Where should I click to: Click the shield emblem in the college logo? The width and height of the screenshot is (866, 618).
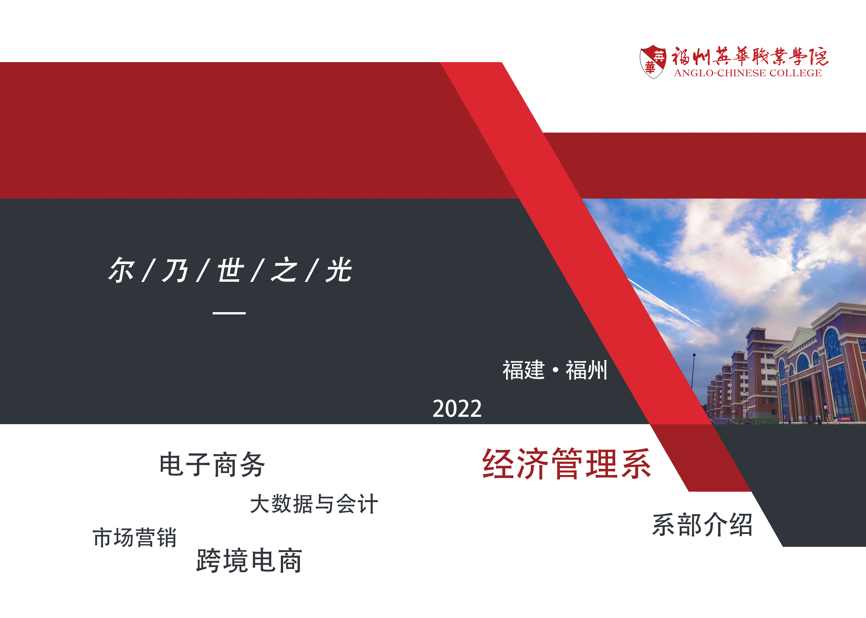pyautogui.click(x=653, y=62)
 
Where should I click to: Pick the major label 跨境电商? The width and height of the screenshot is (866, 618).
pyautogui.click(x=249, y=561)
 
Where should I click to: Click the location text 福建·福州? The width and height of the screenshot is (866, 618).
pyautogui.click(x=555, y=370)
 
